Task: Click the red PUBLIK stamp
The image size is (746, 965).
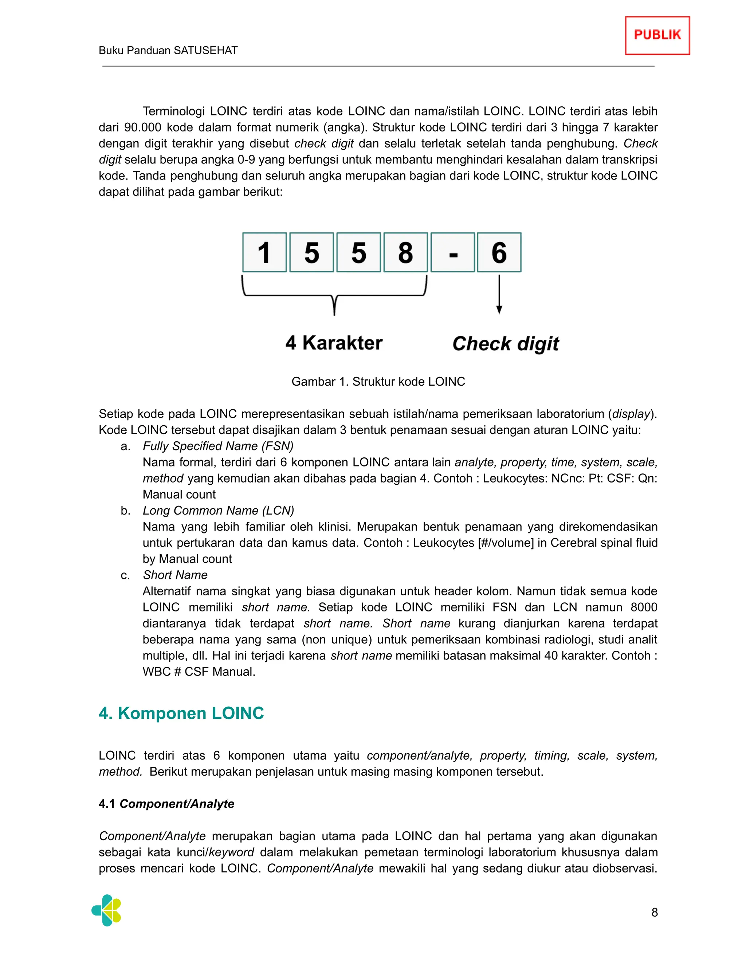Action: pos(657,35)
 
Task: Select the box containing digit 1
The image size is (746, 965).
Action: pos(264,252)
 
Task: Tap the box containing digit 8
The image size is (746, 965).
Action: pos(405,252)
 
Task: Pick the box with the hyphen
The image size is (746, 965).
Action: pos(452,252)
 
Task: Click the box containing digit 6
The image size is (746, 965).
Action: pos(499,252)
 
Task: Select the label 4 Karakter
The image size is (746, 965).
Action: pos(334,343)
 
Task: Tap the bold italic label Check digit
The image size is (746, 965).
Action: pos(505,344)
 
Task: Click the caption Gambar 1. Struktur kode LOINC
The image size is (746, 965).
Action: pos(378,381)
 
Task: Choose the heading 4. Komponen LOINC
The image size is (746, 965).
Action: pos(181,713)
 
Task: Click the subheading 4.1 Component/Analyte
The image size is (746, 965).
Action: pos(166,804)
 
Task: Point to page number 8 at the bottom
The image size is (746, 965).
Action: pos(655,913)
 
